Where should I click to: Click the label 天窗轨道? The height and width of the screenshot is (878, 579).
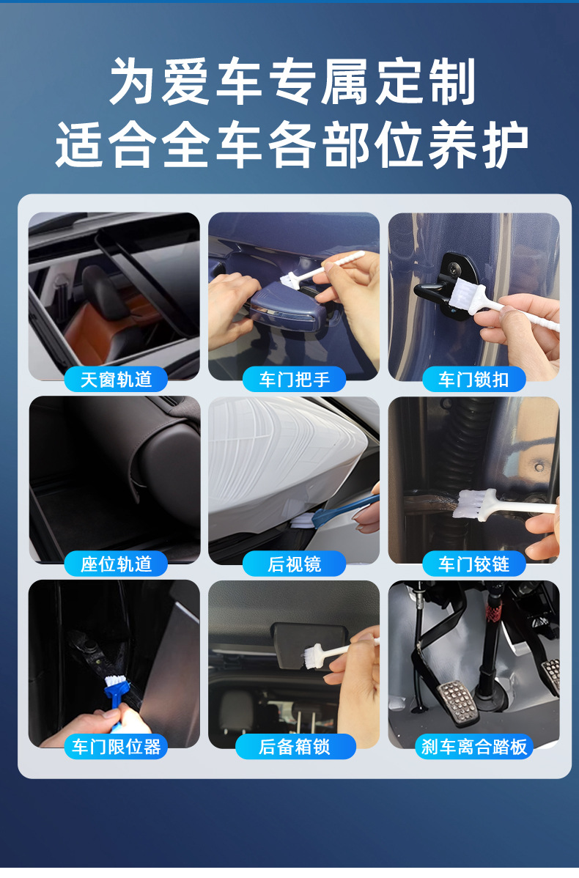(115, 380)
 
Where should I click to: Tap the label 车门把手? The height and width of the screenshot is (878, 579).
(295, 380)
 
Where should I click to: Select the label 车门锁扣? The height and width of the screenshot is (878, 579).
(474, 380)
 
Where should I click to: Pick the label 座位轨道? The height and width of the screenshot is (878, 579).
(115, 564)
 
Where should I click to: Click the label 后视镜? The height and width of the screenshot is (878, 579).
(295, 564)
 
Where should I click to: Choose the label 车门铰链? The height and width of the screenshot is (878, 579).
(474, 564)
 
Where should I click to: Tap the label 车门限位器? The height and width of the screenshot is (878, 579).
(115, 747)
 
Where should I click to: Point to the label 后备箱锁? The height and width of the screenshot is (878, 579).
(295, 747)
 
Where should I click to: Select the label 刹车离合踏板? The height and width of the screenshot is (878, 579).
(474, 747)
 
